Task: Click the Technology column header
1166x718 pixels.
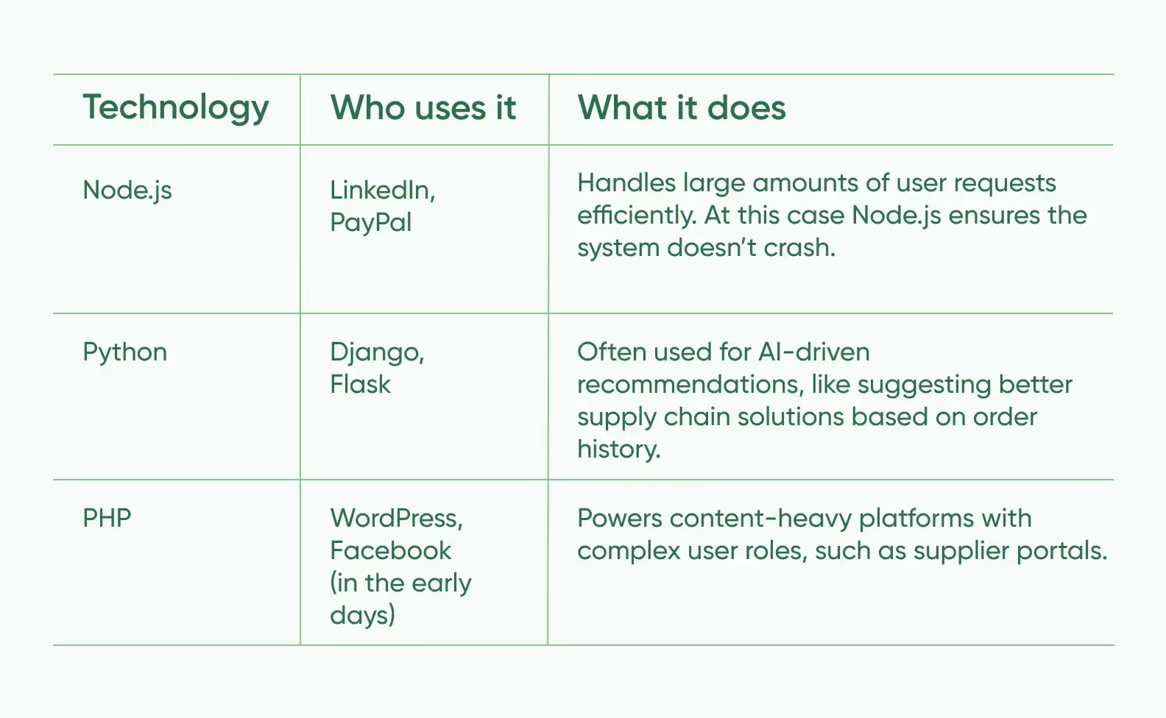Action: [x=175, y=109]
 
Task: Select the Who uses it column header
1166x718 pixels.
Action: [x=423, y=108]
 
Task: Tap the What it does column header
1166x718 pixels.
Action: [x=681, y=108]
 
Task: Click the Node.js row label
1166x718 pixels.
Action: [x=127, y=191]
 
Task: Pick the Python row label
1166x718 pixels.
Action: [x=124, y=353]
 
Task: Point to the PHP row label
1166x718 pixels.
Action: [x=107, y=518]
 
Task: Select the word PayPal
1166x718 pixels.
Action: [x=370, y=223]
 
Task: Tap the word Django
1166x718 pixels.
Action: [x=376, y=353]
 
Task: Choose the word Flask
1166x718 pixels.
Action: [x=360, y=385]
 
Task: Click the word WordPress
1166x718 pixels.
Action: [x=395, y=519]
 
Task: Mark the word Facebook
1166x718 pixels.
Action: [x=390, y=550]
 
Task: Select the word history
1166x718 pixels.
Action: [x=618, y=449]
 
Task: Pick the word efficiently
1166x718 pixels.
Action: [x=637, y=216]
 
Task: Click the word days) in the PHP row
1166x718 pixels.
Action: [x=362, y=615]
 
